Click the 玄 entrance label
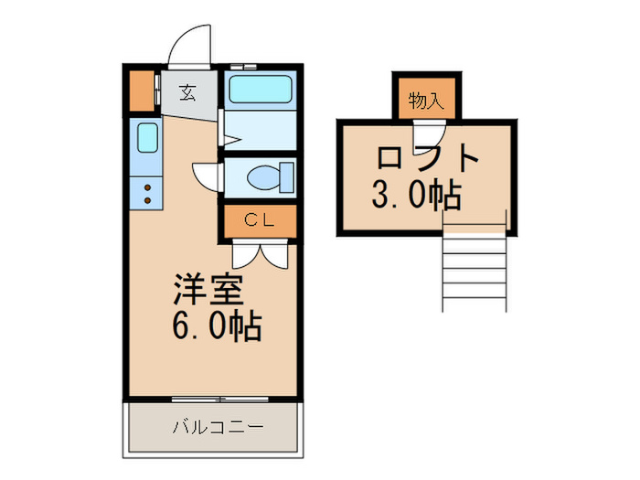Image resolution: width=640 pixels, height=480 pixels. coord(187,92)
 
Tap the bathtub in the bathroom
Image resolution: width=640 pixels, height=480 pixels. coord(261,89)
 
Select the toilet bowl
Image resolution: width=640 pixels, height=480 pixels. coord(271,177)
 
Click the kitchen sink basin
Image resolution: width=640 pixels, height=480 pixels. coord(147,137)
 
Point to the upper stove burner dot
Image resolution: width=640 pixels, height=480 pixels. coord(147,187)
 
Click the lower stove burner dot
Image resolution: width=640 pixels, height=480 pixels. coord(147,200)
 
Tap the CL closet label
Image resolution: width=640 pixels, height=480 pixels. coord(259,220)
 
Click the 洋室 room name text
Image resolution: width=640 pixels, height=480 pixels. coord(208,290)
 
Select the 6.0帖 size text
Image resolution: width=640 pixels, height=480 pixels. coord(217,326)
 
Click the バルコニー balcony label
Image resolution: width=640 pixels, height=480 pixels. coord(218,427)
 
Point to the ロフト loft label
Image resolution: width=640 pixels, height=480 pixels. coord(427,157)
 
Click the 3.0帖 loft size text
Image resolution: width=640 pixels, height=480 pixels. coord(417,194)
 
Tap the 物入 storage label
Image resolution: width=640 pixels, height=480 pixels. coord(426,101)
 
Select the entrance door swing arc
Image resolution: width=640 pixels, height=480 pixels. coord(190,44)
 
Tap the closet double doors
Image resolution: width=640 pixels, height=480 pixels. coord(260,254)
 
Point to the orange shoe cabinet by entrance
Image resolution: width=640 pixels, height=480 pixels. coord(142,91)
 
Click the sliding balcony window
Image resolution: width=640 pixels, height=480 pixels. coord(219,400)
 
